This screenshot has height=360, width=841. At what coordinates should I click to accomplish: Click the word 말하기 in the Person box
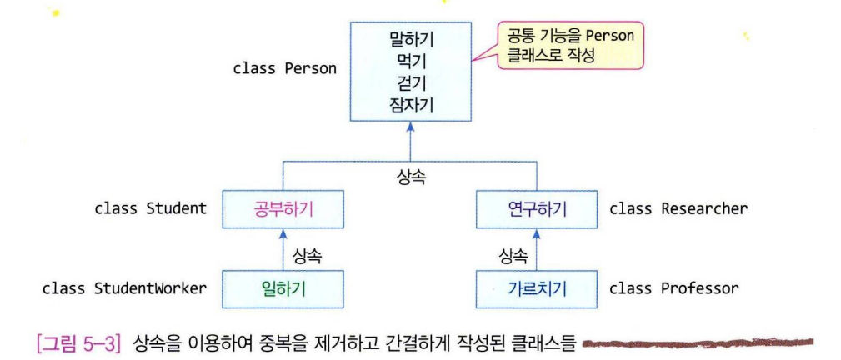[409, 38]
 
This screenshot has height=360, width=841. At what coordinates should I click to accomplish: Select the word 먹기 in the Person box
[409, 60]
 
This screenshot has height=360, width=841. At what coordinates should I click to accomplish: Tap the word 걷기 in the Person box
[409, 82]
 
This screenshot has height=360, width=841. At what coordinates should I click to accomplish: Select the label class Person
[284, 68]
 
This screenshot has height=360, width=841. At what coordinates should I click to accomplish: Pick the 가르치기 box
[537, 289]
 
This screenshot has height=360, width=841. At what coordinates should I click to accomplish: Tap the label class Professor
[673, 289]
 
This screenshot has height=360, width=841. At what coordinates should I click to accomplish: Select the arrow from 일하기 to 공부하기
[283, 248]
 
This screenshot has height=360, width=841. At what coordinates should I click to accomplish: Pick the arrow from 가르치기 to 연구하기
[537, 248]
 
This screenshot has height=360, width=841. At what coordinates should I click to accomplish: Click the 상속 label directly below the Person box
[409, 177]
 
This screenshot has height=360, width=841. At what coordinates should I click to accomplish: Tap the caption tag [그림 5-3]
[78, 342]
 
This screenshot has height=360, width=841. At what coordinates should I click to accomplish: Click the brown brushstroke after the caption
[697, 342]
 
